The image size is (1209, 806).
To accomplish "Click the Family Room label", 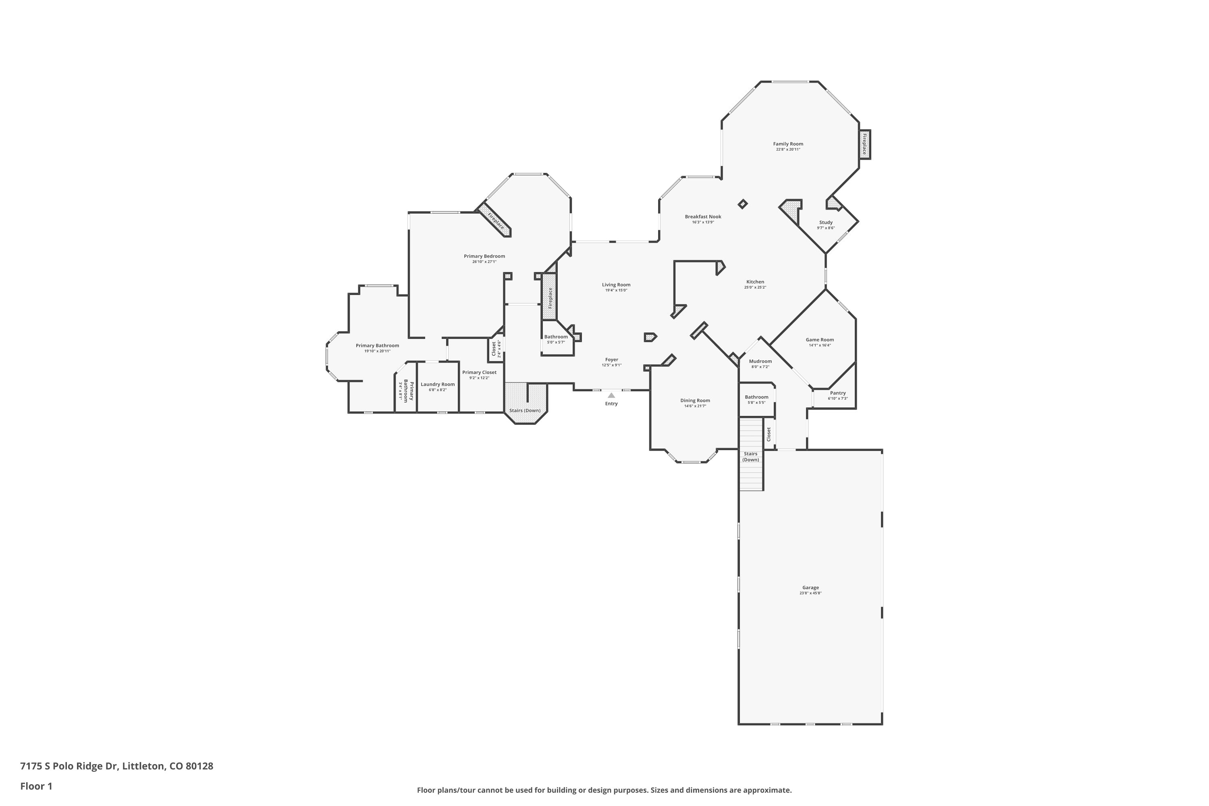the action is click(788, 144).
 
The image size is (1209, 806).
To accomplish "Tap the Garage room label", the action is click(810, 588).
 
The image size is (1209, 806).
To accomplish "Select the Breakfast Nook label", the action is click(703, 216).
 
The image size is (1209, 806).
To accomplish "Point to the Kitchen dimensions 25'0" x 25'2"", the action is click(755, 287).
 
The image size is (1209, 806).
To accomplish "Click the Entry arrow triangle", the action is click(611, 395).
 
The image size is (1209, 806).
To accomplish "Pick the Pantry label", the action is click(838, 393).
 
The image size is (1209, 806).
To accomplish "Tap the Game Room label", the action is click(820, 339).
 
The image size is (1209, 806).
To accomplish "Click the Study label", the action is click(826, 222).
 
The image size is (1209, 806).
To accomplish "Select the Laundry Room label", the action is click(438, 384).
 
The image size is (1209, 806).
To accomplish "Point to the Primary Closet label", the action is click(479, 372).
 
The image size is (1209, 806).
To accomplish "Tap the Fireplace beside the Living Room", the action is click(550, 297).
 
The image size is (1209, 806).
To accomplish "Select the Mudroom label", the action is click(760, 361).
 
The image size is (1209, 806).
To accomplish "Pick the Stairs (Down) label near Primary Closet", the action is click(525, 410).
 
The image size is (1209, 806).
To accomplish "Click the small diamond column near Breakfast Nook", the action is click(742, 204).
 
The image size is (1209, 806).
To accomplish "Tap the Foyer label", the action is click(612, 359).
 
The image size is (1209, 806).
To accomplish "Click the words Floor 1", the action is click(37, 786).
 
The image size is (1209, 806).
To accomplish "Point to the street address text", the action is click(117, 766).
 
